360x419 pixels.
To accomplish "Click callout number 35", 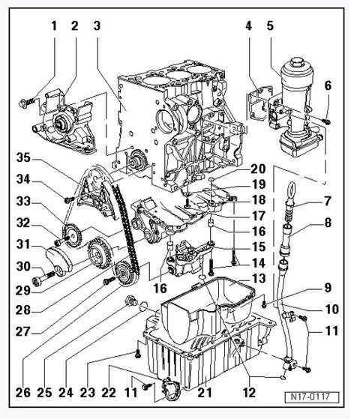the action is pos(23,157).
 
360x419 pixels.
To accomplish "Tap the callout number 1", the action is pos(54,26).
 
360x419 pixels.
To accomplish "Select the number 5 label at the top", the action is pos(270,25).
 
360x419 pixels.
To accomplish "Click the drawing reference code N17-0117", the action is pos(312,397).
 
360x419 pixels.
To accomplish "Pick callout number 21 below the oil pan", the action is pos(205,392).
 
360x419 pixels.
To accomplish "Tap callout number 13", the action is pos(259,278).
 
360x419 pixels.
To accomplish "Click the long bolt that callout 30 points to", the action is pos(43,277).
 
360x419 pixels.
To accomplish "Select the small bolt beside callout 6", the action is pos(326,121).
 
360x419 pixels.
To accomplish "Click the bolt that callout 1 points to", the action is pos(26,102).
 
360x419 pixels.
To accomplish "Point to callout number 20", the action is pos(258,169).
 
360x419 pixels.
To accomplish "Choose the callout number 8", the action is pos(328,223).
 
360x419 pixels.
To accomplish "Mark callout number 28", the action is pos(22,310).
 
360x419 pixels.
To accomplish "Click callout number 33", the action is pos(23,201).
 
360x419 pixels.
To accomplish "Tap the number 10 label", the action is pos(331,309).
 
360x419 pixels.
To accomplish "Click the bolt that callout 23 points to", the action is pos(138,355).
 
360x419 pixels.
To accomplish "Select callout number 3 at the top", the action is pos(97,25).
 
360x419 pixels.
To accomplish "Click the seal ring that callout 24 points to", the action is pos(143,306).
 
